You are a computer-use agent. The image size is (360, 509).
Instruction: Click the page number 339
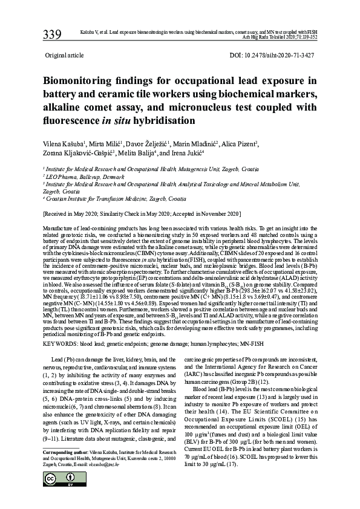coord(51,34)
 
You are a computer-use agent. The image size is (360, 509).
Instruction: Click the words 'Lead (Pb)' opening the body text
coord(68,359)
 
